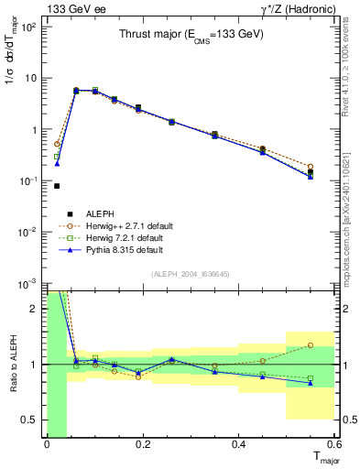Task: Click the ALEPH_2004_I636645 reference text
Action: (191, 275)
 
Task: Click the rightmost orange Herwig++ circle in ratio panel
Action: (311, 345)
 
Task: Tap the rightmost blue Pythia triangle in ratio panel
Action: (311, 384)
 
